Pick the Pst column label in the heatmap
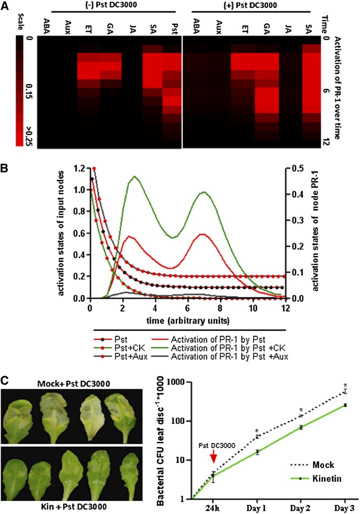click(173, 26)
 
